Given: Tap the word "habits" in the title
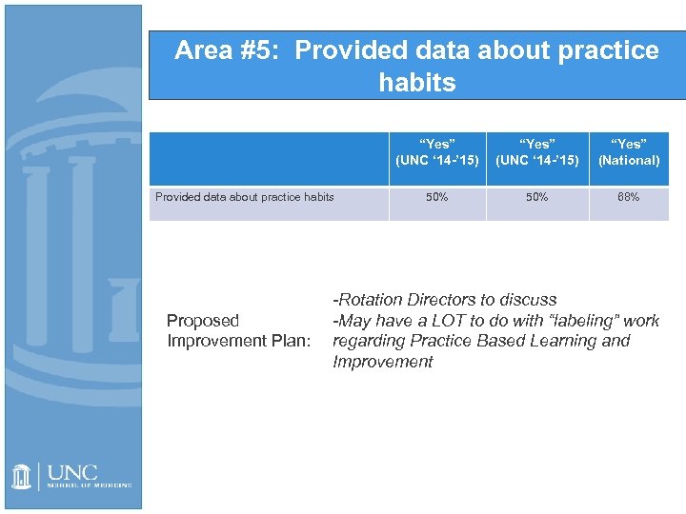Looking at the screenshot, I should pos(416,83).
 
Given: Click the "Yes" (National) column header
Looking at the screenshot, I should pos(628,152).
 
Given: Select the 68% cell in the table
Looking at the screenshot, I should pos(628,197).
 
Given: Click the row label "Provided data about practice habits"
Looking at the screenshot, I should pos(245,197).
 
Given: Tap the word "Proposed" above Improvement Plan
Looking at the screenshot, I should pos(202,321).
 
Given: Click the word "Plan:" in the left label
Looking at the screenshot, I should pos(286,341).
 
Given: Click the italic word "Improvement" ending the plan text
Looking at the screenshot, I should pos(382,362).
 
